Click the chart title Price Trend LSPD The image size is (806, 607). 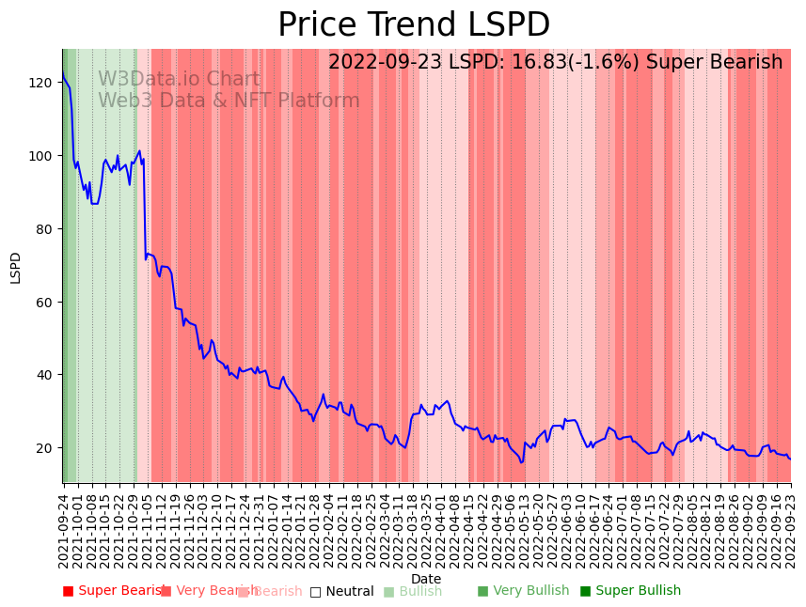[x=414, y=25]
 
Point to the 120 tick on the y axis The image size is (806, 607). [x=41, y=83]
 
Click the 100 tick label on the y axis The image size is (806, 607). [x=41, y=156]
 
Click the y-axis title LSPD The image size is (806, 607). [x=15, y=267]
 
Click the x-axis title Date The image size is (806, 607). [x=426, y=579]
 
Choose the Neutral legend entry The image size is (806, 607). [x=342, y=592]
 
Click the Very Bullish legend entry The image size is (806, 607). [x=524, y=591]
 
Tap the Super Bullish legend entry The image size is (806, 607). [x=631, y=591]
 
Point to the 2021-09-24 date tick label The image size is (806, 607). [x=64, y=531]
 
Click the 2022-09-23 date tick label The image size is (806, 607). [x=791, y=531]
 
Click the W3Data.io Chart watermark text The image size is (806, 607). [x=179, y=80]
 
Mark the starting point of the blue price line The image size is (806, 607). [x=63, y=72]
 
